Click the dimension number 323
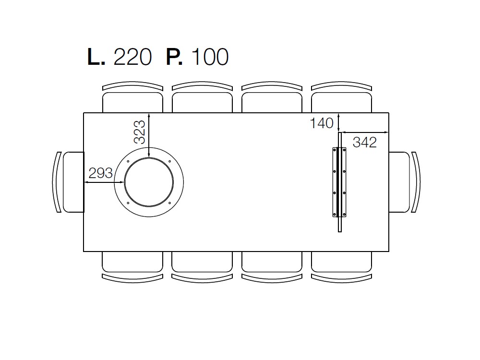140,132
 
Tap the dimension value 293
100,173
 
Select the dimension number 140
322,123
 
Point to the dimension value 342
365,143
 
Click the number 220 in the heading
132,57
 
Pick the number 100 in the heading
210,57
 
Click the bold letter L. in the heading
96,57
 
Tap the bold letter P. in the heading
174,57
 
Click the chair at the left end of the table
68,182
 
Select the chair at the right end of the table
404,182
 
